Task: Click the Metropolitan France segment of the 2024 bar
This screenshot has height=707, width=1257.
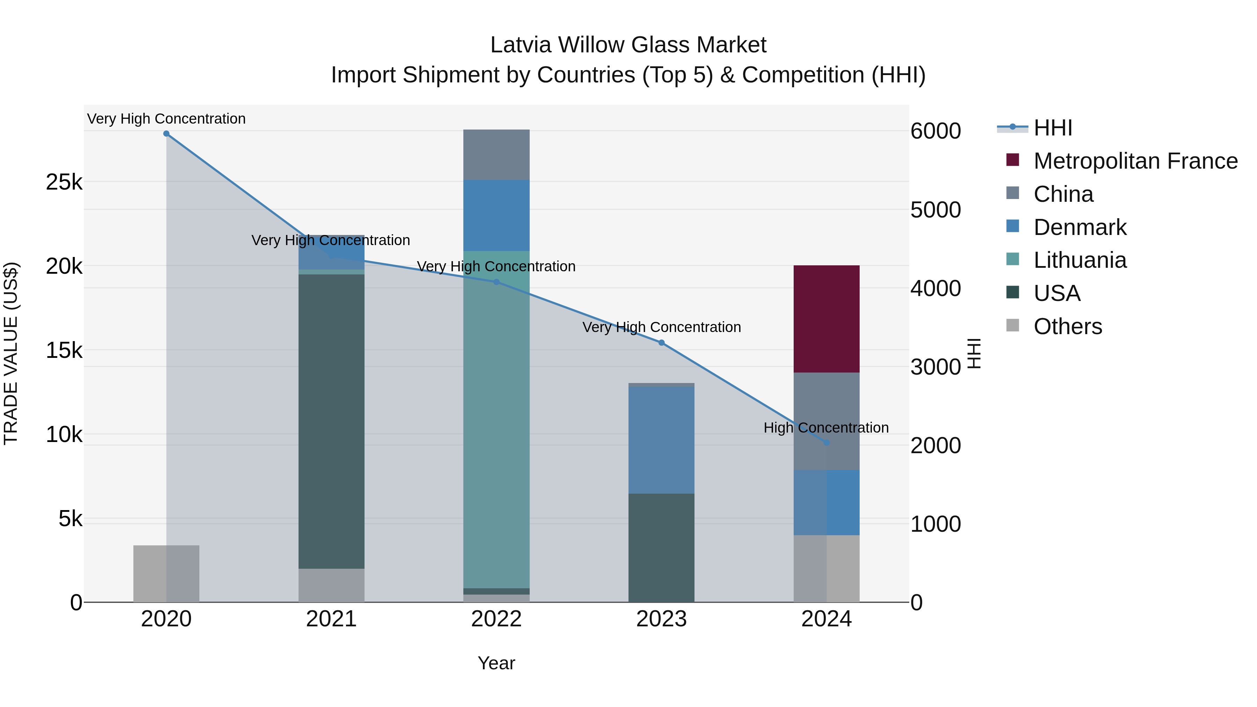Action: click(826, 319)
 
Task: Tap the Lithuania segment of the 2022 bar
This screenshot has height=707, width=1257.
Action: click(496, 420)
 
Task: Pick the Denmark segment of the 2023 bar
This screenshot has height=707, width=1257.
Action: click(661, 440)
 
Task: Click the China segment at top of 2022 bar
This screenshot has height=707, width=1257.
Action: click(496, 155)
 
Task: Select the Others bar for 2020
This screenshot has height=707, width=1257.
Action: click(166, 573)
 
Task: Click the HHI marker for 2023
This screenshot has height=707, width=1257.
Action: click(661, 343)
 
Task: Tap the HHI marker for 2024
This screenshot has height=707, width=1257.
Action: click(826, 443)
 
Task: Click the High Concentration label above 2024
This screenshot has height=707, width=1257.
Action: click(826, 428)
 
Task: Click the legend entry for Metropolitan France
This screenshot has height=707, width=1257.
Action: click(1135, 161)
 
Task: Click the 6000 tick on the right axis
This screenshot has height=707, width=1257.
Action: click(935, 131)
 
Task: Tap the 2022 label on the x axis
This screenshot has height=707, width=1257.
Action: click(496, 619)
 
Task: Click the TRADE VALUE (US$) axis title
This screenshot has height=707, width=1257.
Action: click(11, 353)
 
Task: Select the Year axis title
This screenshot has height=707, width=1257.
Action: click(496, 663)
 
